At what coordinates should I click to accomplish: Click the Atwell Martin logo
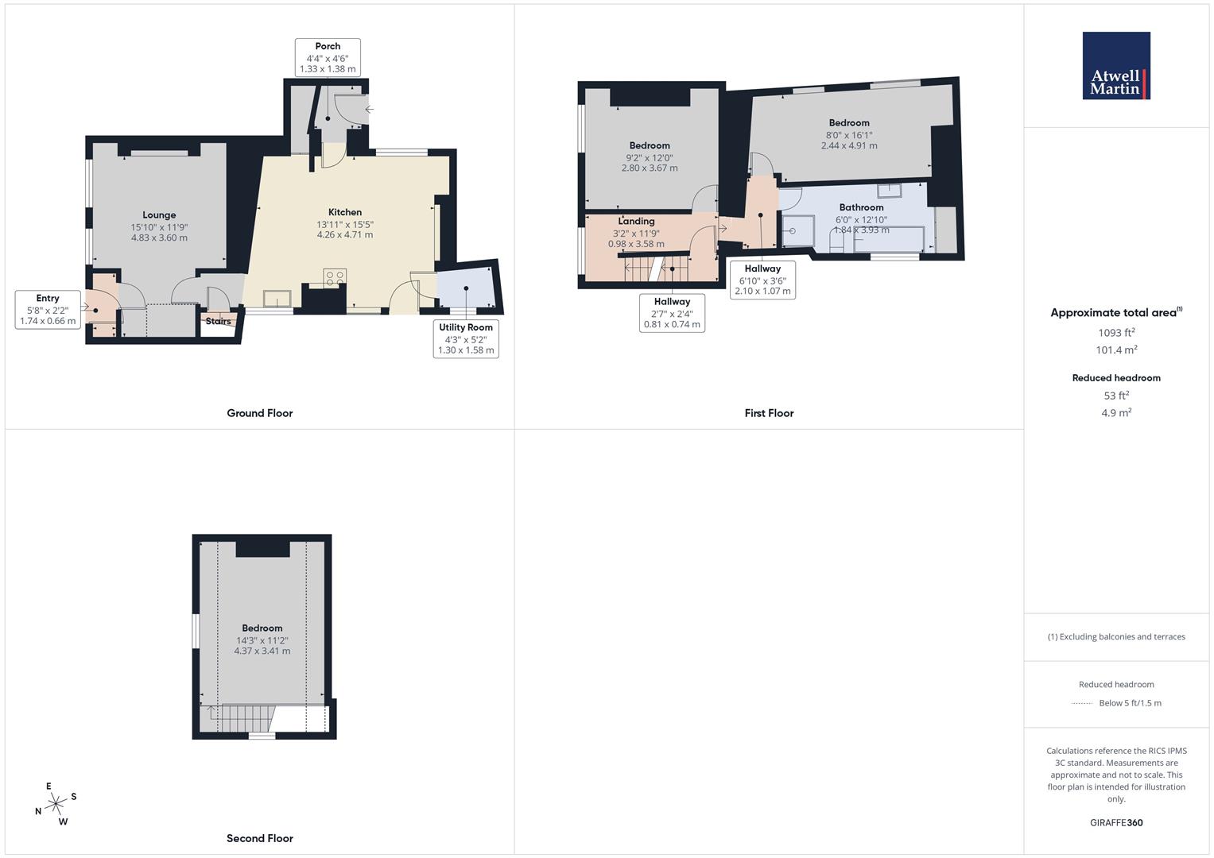[x=1115, y=66]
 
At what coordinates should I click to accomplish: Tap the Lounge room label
[x=159, y=215]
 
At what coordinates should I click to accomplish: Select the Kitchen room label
[x=344, y=212]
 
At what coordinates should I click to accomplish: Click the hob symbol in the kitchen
[x=335, y=277]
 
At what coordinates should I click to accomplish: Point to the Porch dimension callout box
[x=328, y=58]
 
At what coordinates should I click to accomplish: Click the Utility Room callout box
[x=466, y=338]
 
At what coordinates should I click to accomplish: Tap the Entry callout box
[x=48, y=310]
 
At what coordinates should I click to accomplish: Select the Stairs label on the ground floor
[x=219, y=321]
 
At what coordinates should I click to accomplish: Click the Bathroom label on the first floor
[x=861, y=207]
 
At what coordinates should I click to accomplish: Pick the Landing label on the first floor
[x=636, y=222]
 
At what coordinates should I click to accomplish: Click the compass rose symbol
[x=55, y=805]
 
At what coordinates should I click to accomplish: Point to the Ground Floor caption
[x=260, y=413]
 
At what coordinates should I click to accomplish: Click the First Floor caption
[x=769, y=413]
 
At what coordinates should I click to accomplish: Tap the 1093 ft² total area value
[x=1116, y=333]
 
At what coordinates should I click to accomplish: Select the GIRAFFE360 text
[x=1116, y=823]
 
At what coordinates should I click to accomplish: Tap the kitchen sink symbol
[x=277, y=299]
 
